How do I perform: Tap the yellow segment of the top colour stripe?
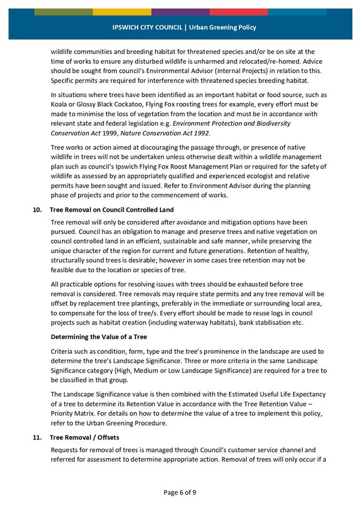[x=122, y=12]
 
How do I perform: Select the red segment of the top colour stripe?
[x=238, y=12]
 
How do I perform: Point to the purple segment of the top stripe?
[x=180, y=12]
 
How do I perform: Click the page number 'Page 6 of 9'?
[x=180, y=492]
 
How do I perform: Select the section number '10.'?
[x=38, y=209]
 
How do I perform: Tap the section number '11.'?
[x=38, y=438]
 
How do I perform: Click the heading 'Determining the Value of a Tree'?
[x=99, y=337]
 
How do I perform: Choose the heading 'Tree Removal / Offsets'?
[x=85, y=438]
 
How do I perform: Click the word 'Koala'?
[x=60, y=104]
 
